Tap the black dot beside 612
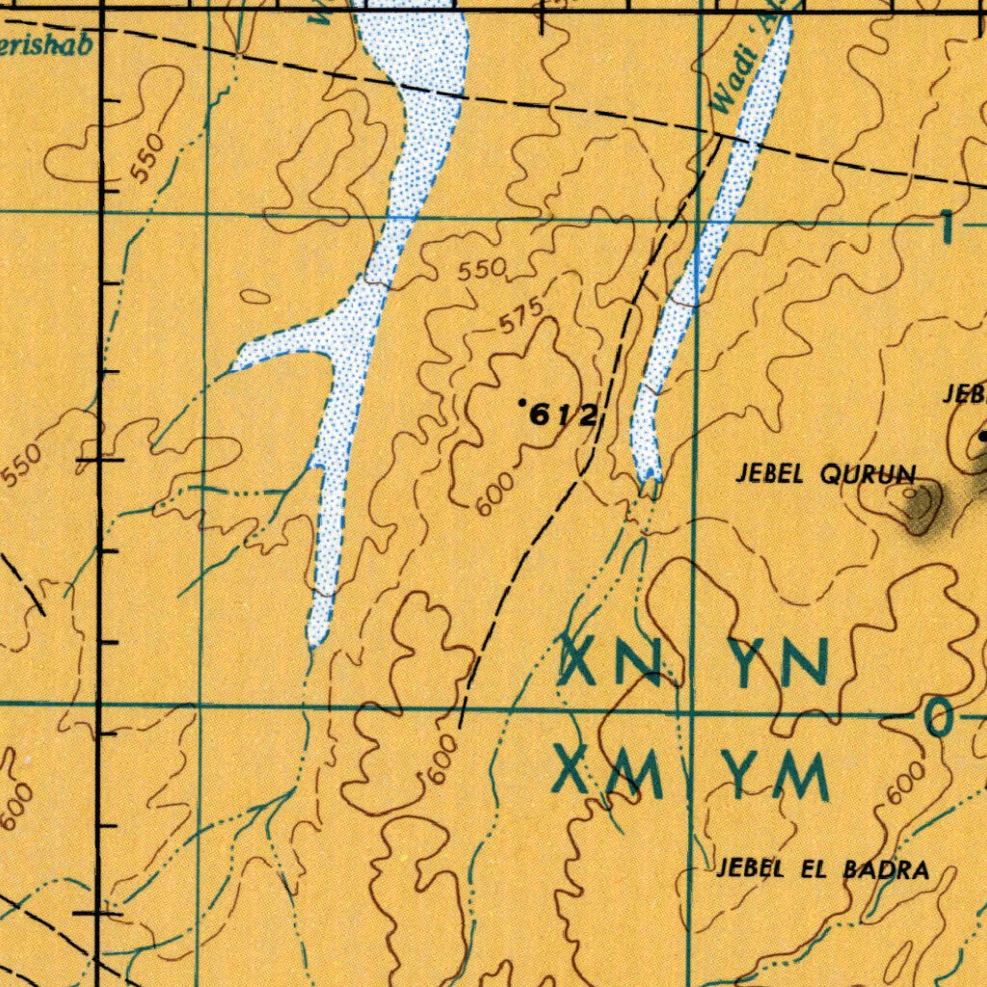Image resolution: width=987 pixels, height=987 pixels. pos(521,401)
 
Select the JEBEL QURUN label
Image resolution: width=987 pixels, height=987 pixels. pos(825,473)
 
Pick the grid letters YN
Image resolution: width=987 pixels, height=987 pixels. pos(782,663)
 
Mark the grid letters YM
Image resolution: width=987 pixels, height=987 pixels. pos(782,777)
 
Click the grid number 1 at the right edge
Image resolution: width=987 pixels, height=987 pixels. pos(947,227)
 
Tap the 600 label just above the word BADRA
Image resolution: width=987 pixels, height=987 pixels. pos(906,781)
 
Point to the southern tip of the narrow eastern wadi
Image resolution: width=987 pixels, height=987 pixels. pos(650,476)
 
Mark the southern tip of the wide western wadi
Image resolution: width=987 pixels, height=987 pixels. pos(315,641)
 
